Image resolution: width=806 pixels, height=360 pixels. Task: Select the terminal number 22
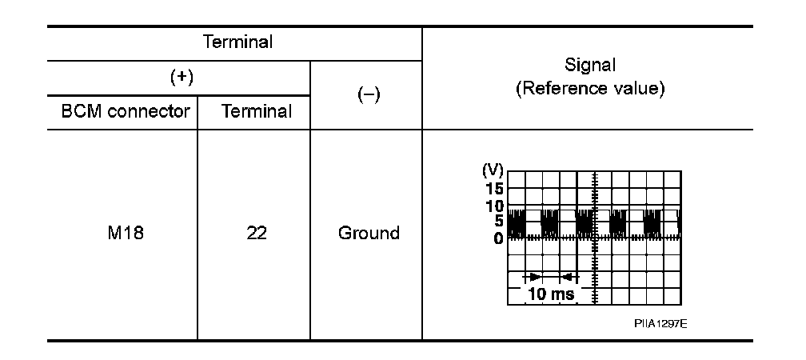coord(257,234)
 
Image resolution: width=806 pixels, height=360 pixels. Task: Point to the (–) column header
coord(365,94)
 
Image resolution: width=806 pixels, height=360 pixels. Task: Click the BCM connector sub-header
coord(126,111)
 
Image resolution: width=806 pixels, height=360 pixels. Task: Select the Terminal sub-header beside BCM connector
coord(257,111)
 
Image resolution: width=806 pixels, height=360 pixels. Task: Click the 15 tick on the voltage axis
coord(495,189)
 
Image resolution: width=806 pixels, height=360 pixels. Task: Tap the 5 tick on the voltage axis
coord(498,222)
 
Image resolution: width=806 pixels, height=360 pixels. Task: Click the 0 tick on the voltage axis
coord(498,238)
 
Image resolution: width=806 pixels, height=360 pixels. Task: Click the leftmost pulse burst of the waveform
coord(516,224)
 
